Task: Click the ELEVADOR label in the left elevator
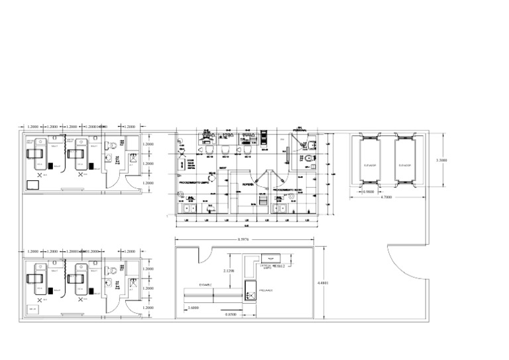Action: (x=370, y=164)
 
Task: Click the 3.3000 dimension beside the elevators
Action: (x=440, y=160)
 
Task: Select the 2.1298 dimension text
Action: (x=227, y=271)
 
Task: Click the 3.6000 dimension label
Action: (x=194, y=308)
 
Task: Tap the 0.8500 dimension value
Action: (x=232, y=314)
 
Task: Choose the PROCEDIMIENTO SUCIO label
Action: (x=288, y=190)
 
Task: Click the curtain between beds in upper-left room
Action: (x=64, y=156)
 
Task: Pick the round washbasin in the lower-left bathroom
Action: (x=108, y=284)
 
